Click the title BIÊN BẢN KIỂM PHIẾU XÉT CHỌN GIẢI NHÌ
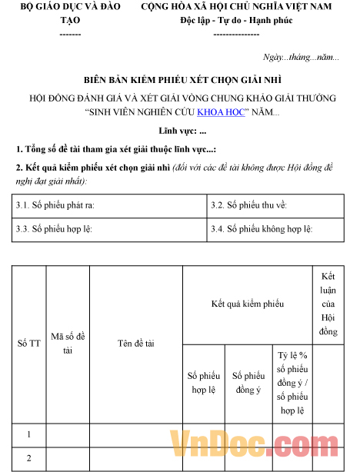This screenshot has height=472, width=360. pyautogui.click(x=180, y=80)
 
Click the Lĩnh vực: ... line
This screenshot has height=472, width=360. pyautogui.click(x=182, y=131)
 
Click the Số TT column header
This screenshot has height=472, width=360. pyautogui.click(x=28, y=344)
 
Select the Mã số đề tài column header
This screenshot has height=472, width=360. pyautogui.click(x=68, y=344)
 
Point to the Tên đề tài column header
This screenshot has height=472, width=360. pyautogui.click(x=135, y=344)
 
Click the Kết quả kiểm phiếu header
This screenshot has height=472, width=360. pyautogui.click(x=248, y=304)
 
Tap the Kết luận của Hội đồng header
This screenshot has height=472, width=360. pyautogui.click(x=328, y=304)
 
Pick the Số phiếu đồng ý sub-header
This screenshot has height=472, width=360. pyautogui.click(x=248, y=383)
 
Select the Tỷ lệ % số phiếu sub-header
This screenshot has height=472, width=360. pyautogui.click(x=292, y=382)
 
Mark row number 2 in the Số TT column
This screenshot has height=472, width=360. pyautogui.click(x=28, y=459)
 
